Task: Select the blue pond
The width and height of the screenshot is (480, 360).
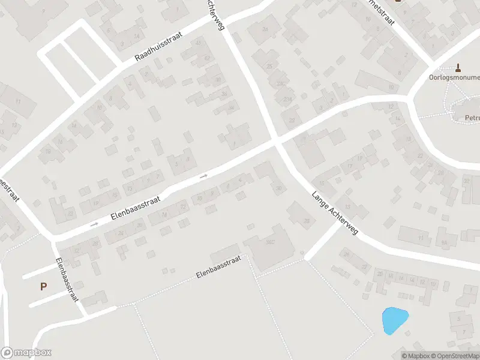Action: [394, 320]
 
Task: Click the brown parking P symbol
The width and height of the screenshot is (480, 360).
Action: [43, 287]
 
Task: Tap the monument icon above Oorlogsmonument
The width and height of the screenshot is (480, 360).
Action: [459, 67]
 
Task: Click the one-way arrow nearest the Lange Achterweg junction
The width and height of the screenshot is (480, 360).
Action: [204, 176]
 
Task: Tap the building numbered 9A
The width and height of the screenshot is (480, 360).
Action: [445, 242]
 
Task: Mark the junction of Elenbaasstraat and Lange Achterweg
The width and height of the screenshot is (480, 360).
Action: [277, 142]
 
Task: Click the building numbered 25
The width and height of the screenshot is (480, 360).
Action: [269, 67]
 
